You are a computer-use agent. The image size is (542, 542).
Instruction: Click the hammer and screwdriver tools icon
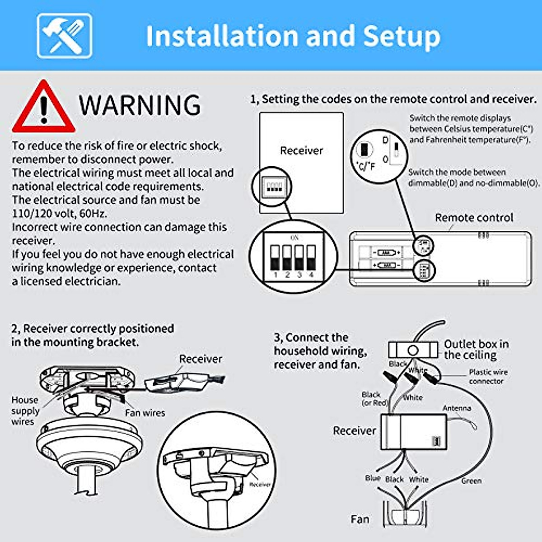pyautogui.click(x=65, y=36)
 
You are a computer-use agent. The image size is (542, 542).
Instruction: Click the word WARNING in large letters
pyautogui.click(x=140, y=105)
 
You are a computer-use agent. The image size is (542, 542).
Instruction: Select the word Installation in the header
pyautogui.click(x=219, y=36)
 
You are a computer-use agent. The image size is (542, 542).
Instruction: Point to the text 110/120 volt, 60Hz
pyautogui.click(x=60, y=213)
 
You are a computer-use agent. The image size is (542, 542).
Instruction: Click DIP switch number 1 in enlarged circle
pyautogui.click(x=275, y=258)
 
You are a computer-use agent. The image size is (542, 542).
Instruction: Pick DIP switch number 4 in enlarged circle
pyautogui.click(x=311, y=258)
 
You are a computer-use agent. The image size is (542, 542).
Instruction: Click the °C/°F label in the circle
pyautogui.click(x=365, y=166)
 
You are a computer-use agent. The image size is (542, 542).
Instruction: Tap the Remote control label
pyautogui.click(x=474, y=218)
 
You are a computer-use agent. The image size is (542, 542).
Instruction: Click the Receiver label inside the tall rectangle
pyautogui.click(x=301, y=150)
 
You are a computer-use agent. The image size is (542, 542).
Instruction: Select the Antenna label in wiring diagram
pyautogui.click(x=457, y=408)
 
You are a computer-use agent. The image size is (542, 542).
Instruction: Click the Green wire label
pyautogui.click(x=471, y=481)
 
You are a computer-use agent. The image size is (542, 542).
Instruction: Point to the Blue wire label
pyautogui.click(x=373, y=478)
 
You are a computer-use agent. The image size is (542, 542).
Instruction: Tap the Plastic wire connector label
pyautogui.click(x=488, y=377)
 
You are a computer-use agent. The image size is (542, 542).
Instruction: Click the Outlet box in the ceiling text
pyautogui.click(x=476, y=350)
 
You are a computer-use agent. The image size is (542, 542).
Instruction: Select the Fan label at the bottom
pyautogui.click(x=360, y=519)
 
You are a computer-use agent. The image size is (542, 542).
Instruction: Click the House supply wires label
pyautogui.click(x=25, y=411)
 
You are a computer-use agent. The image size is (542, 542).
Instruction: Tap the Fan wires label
pyautogui.click(x=145, y=413)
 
